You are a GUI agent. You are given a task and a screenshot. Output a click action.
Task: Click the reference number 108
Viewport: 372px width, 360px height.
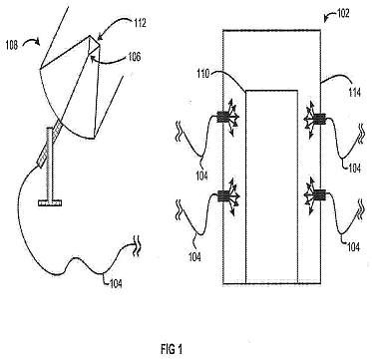13,45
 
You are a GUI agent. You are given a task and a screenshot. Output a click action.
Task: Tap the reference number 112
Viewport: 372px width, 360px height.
139,23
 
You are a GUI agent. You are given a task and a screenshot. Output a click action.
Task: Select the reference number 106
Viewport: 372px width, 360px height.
134,57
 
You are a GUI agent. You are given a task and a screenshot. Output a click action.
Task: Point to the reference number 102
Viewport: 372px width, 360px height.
342,14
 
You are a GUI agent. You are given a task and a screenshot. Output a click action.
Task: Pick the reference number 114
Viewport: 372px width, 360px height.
354,93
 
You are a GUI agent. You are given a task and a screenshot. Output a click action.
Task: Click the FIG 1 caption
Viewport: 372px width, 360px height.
172,349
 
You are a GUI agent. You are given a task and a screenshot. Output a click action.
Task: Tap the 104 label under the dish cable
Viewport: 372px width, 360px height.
115,283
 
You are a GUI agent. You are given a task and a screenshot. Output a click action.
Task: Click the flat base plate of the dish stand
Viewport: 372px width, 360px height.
51,202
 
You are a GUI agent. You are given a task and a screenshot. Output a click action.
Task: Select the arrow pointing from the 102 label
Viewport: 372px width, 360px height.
329,17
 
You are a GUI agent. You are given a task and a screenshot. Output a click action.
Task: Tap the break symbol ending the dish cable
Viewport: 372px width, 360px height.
137,247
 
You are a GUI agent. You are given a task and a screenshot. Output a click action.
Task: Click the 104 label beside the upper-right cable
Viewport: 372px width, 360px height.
354,169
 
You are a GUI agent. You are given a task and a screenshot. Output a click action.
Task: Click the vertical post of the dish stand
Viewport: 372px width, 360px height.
50,164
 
